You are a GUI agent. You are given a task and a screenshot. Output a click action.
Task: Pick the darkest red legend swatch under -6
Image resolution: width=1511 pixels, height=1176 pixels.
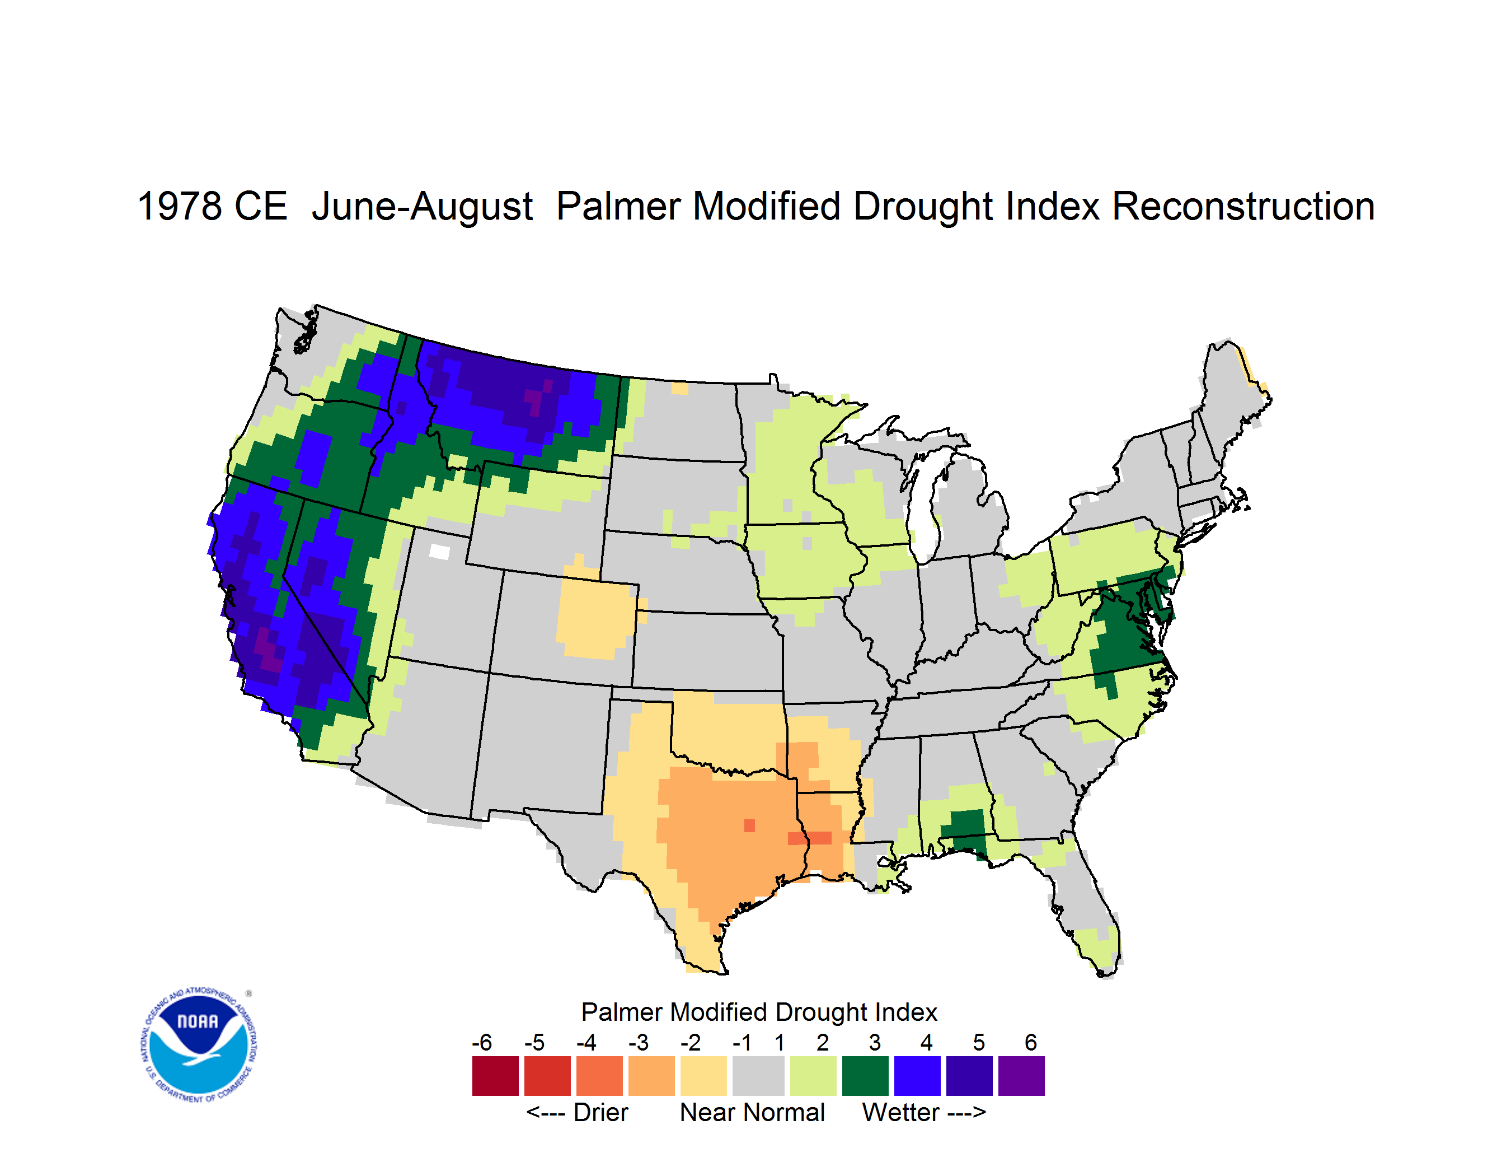[x=495, y=1076]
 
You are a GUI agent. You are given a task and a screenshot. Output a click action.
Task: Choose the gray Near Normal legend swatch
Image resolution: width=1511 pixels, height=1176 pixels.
[x=758, y=1076]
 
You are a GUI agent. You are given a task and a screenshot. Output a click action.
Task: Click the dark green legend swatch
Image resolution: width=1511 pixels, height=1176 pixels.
[x=865, y=1076]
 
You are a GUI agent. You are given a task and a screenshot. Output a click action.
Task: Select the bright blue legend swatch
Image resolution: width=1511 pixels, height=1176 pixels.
[x=917, y=1076]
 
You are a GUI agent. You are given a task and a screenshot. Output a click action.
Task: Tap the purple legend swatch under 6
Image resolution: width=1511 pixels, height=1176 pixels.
[x=1021, y=1076]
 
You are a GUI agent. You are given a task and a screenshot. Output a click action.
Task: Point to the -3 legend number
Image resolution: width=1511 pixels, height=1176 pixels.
[x=638, y=1042]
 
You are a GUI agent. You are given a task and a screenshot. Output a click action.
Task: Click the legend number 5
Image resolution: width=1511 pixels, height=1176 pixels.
[x=978, y=1042]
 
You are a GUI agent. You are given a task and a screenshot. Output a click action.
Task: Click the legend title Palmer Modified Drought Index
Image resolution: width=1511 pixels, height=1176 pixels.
[x=759, y=1012]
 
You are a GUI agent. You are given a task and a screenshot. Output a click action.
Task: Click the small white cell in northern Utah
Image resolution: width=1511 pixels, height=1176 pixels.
[x=439, y=552]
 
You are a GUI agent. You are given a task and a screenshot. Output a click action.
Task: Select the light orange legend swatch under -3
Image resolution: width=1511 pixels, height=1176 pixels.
[x=651, y=1076]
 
